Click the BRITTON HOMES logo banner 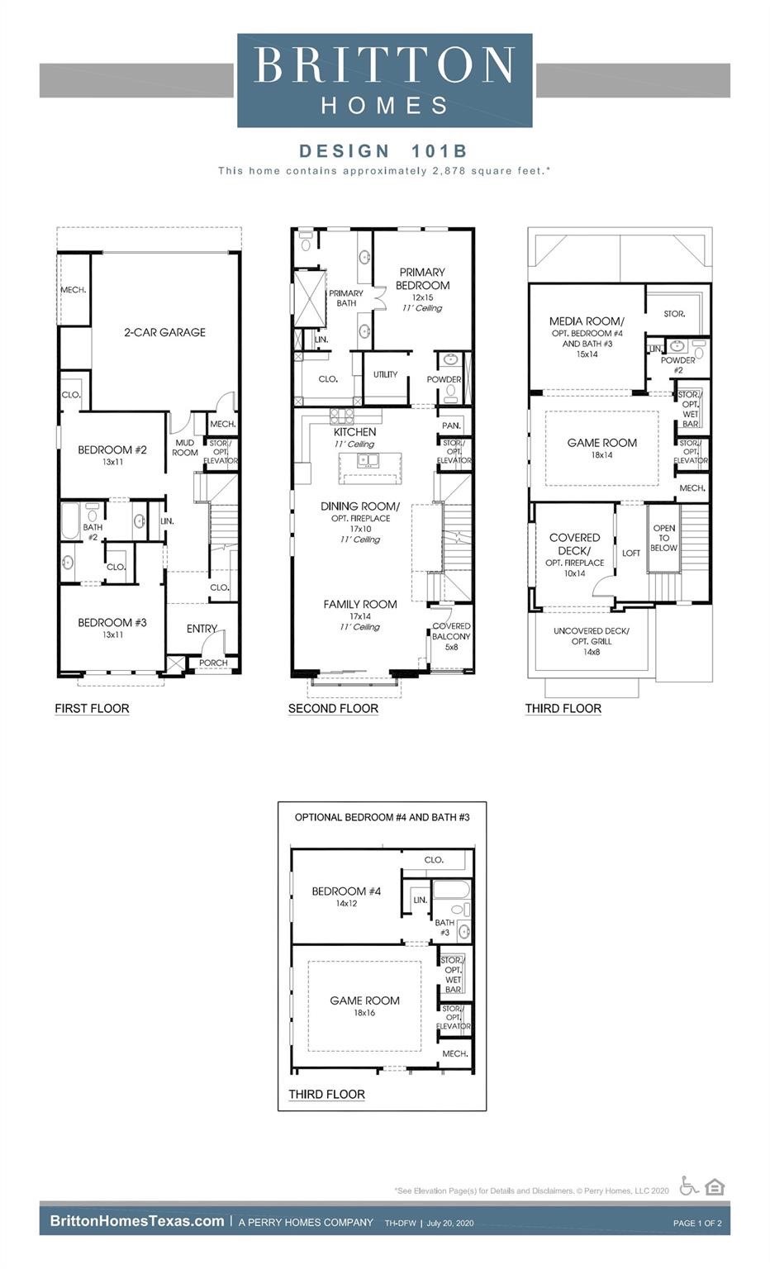pos(384,80)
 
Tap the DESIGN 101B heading pos(383,150)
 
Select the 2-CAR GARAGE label pos(164,332)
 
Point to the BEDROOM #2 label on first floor pos(112,450)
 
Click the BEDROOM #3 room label pos(112,623)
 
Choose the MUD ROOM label pos(185,448)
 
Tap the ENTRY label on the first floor pos(202,629)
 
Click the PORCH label pos(213,663)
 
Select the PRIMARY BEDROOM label pos(422,278)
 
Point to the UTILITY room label pos(385,374)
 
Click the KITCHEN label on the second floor pos(354,432)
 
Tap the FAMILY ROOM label pos(360,605)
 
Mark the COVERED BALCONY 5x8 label pos(451,636)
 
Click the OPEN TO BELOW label pos(663,538)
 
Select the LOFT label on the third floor pos(631,554)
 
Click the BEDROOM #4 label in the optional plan pos(346,891)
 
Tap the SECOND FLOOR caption pos(333,708)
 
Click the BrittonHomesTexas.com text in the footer pos(137,1221)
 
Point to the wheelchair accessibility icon pos(688,1186)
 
